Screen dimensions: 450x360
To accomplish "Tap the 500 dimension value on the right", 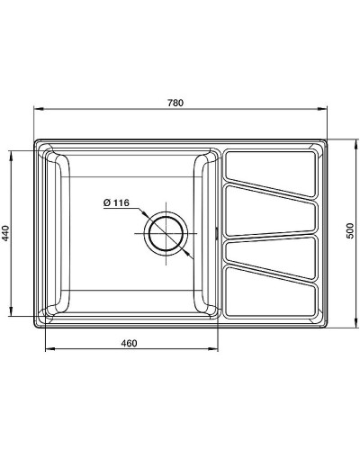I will [x=349, y=232].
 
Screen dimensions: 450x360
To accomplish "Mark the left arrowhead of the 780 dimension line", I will [x=38, y=111].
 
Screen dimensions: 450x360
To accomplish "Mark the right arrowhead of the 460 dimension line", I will [x=215, y=350].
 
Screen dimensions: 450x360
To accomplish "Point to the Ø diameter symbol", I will [x=106, y=202].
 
